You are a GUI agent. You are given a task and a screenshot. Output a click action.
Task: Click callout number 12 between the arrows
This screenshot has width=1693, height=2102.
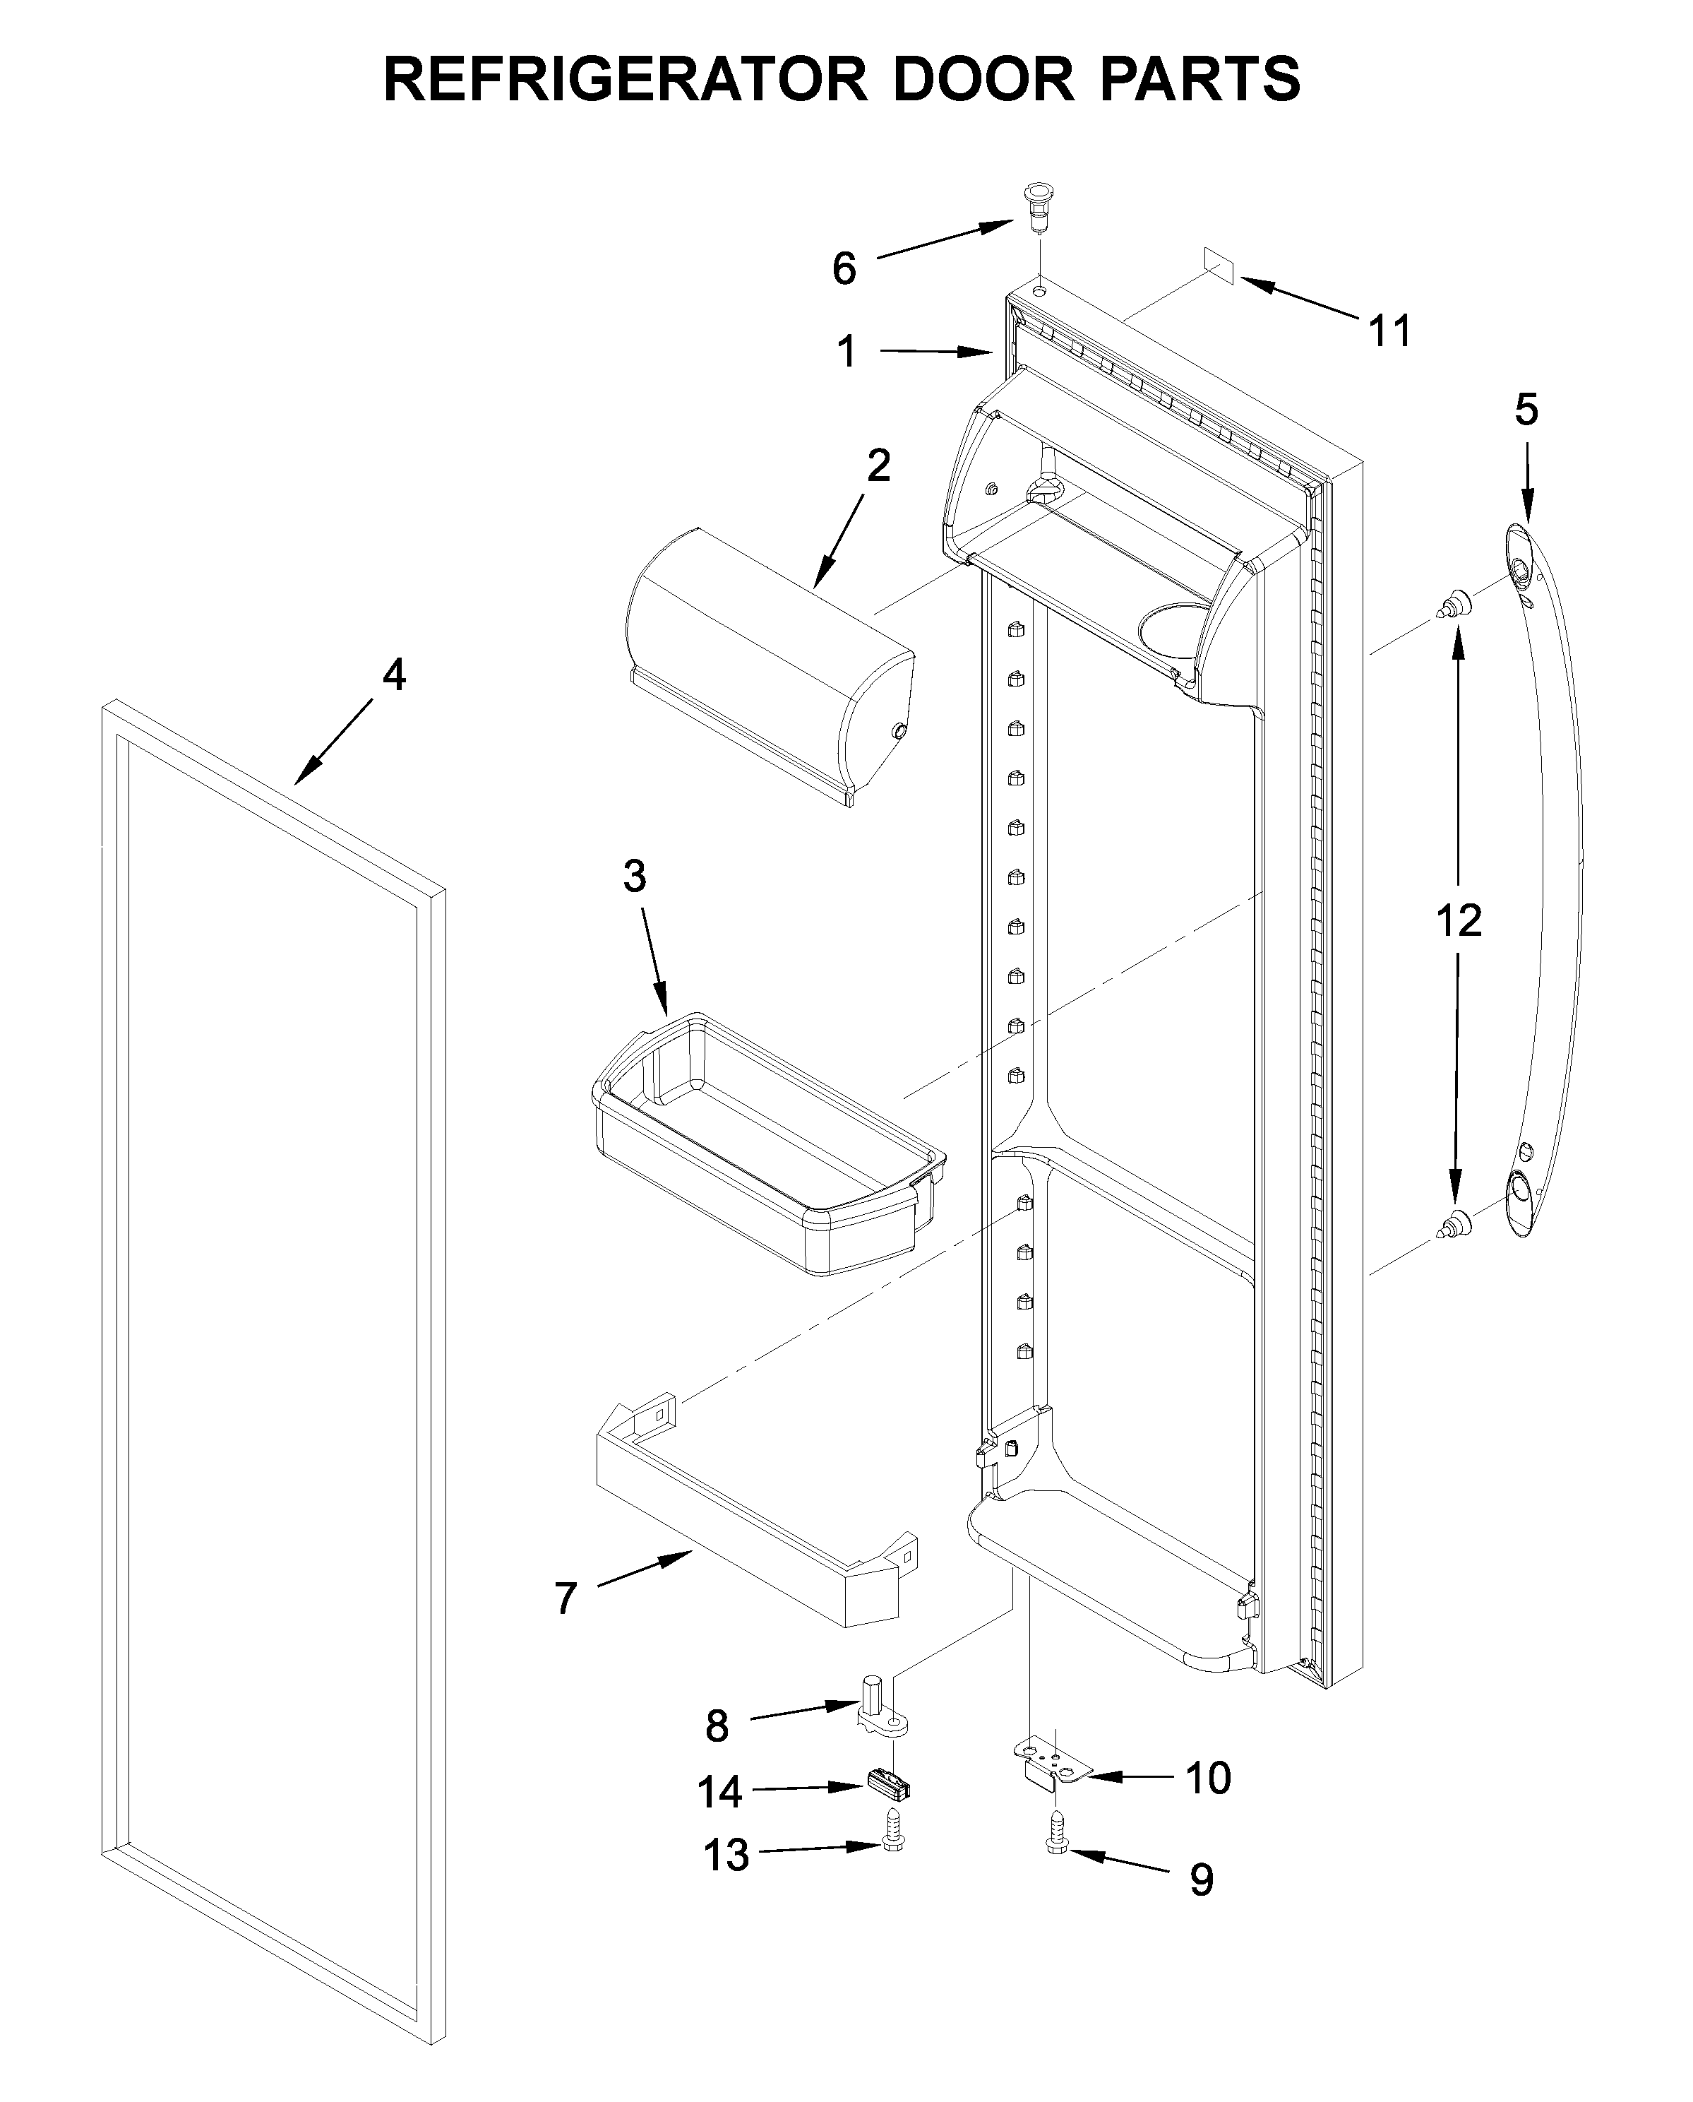point(1458,920)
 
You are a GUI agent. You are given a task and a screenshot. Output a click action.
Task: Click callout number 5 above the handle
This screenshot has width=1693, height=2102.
point(1526,410)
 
